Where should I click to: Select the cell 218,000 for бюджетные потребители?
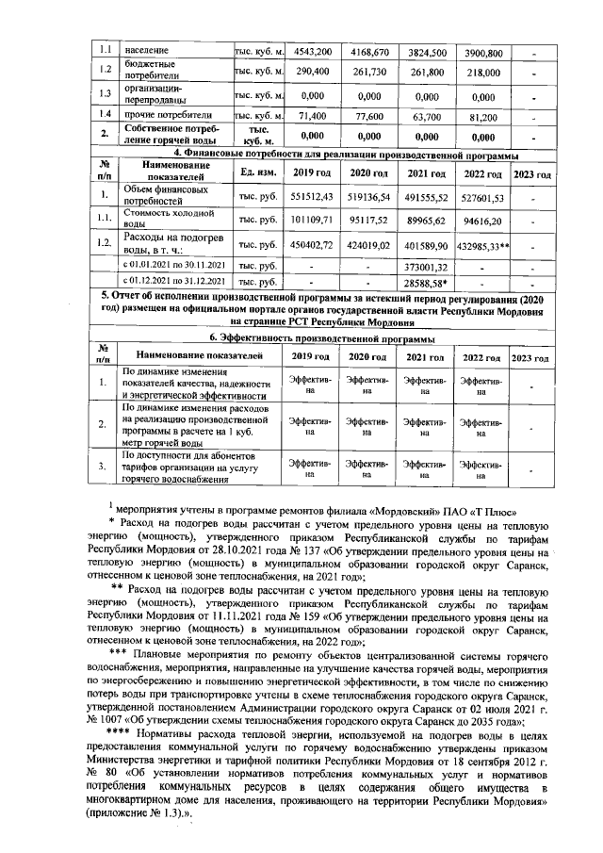pyautogui.click(x=484, y=72)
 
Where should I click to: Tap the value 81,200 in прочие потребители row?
pyautogui.click(x=484, y=117)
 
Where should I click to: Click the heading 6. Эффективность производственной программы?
pyautogui.click(x=319, y=338)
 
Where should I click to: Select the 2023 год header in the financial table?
pyautogui.click(x=531, y=174)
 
